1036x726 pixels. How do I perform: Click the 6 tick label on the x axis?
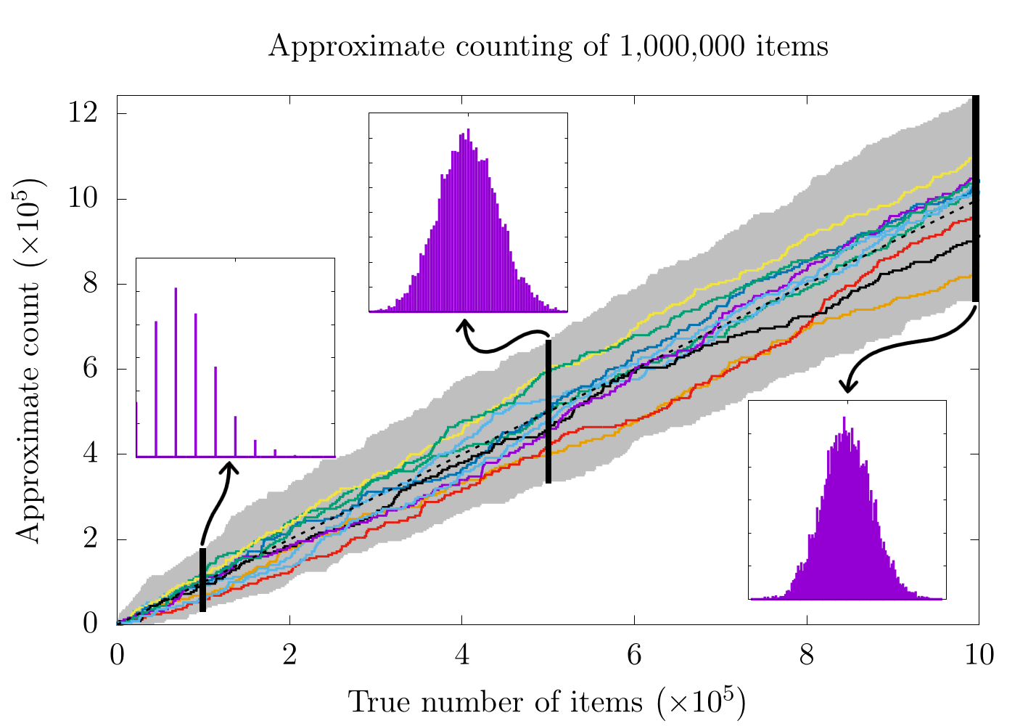[x=635, y=656]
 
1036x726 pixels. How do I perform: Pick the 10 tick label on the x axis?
[x=979, y=656]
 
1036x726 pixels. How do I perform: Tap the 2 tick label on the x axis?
[x=289, y=656]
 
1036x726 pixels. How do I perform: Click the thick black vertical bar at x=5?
[x=548, y=411]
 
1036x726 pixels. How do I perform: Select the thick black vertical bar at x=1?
[x=203, y=580]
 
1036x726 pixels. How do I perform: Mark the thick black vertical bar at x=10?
[x=976, y=197]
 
